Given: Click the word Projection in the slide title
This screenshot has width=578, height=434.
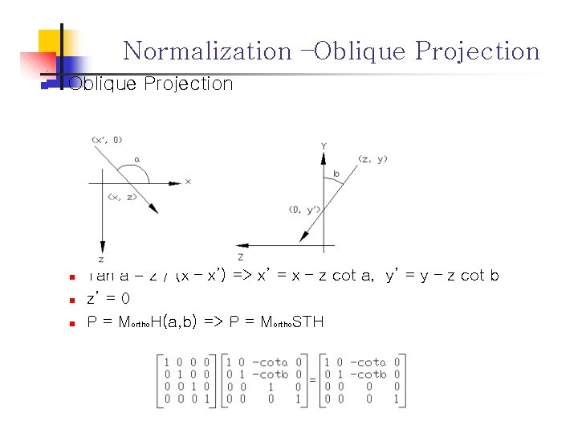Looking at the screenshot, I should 478,51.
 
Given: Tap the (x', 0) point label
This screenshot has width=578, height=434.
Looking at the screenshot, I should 107,140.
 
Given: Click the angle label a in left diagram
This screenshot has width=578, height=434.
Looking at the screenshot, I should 136,159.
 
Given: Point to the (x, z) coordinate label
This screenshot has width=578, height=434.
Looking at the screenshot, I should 121,196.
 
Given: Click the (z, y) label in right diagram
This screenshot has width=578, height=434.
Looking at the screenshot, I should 373,158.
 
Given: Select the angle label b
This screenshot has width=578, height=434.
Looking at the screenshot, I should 336,174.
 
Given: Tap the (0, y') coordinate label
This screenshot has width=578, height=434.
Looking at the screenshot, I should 305,210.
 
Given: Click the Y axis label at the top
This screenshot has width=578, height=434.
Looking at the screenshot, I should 324,145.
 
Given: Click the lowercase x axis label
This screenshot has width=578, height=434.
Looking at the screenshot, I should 188,182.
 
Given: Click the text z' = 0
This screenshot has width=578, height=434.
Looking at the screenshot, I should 108,298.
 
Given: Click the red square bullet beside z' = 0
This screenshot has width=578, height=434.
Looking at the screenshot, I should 71,300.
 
